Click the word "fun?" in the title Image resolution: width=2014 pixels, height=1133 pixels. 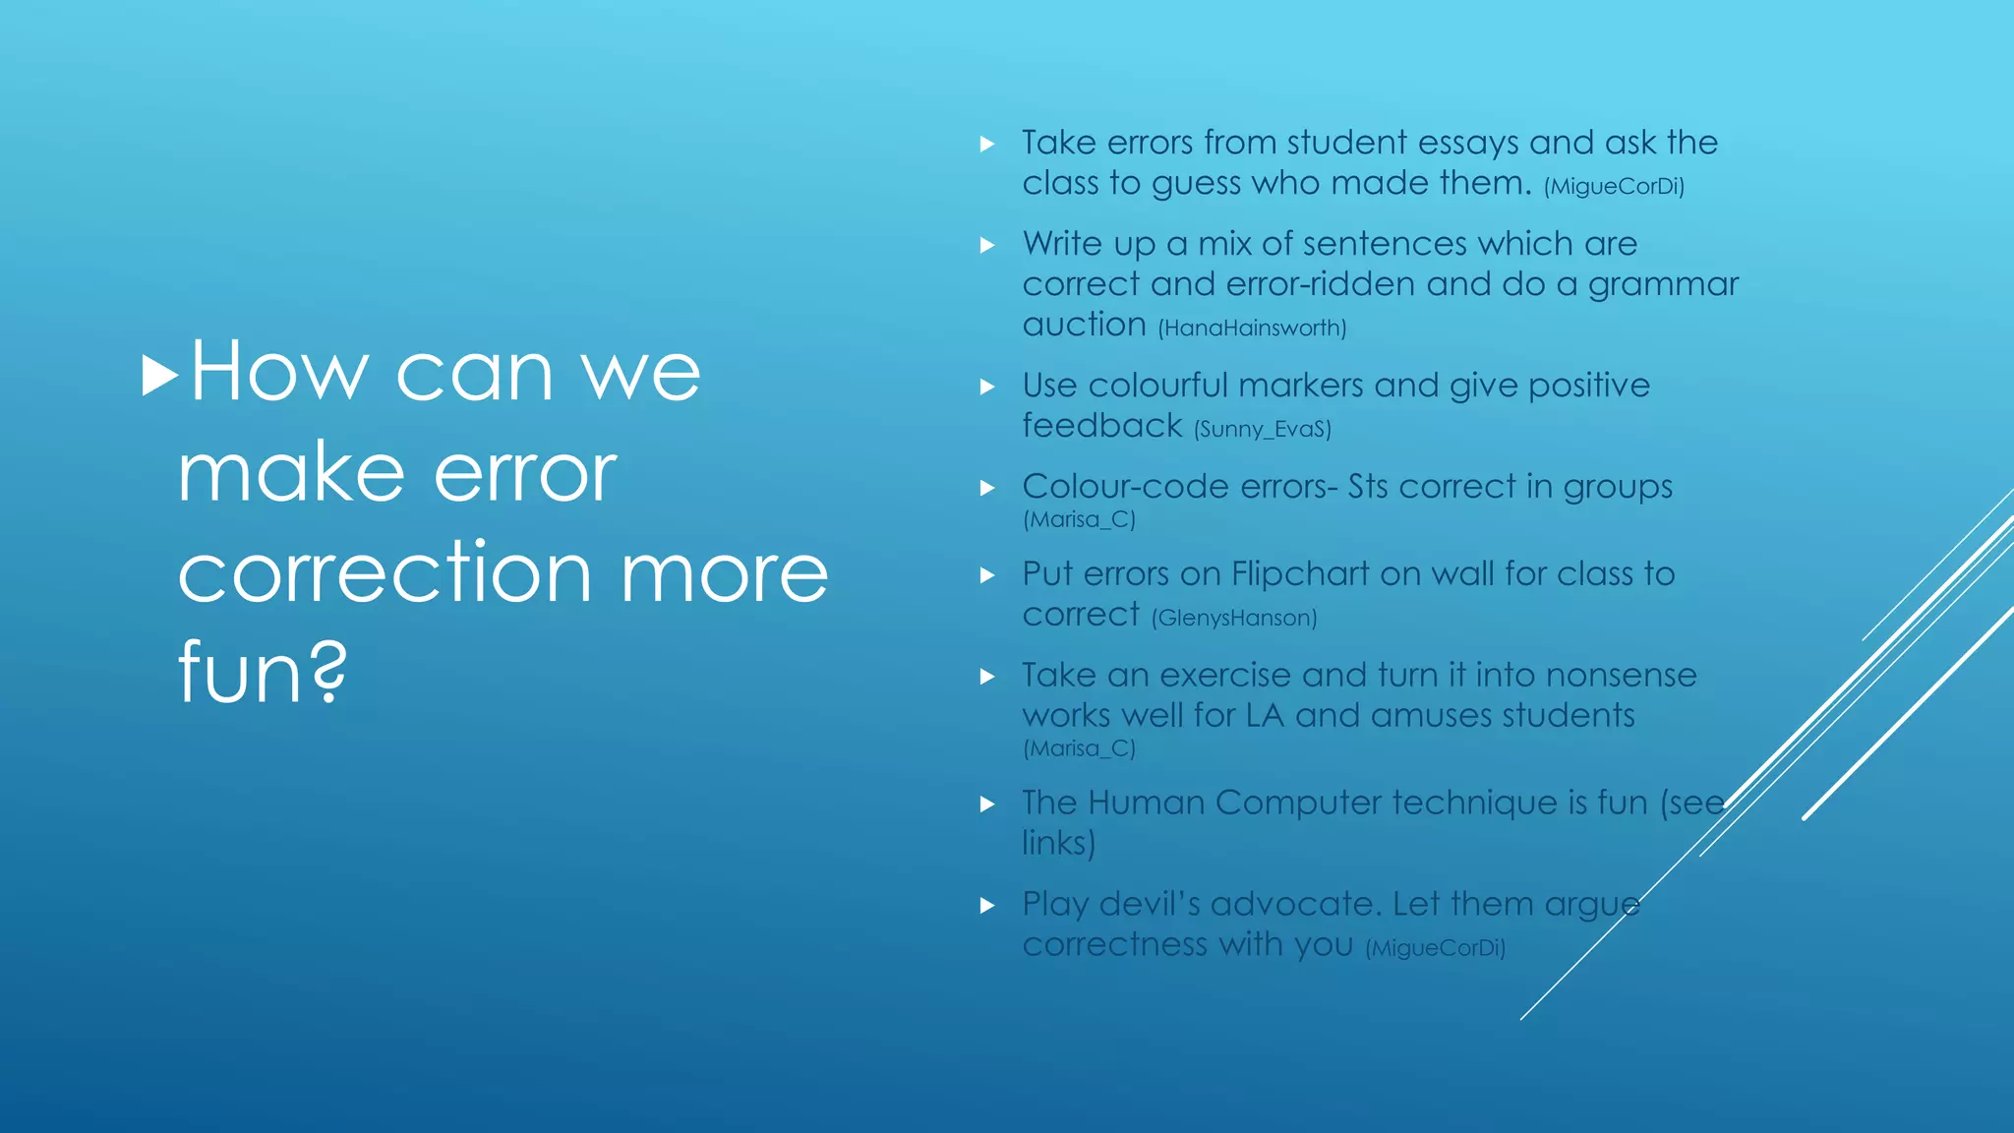pos(263,673)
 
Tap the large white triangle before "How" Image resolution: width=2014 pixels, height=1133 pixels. pos(159,376)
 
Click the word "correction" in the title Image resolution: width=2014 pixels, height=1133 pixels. pos(385,573)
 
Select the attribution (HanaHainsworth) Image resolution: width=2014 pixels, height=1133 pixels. pos(1252,328)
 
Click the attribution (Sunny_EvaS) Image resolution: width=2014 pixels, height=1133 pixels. pos(1263,429)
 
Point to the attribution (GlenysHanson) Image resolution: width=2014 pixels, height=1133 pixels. pos(1234,618)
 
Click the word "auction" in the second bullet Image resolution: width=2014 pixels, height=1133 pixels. pos(1084,325)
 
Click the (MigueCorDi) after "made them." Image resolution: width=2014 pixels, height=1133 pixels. pos(1614,186)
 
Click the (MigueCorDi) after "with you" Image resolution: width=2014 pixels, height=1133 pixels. pos(1435,947)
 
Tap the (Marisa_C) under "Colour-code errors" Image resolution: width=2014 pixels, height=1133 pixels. pos(1079,519)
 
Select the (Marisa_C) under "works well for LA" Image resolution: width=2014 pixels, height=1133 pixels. pos(1079,748)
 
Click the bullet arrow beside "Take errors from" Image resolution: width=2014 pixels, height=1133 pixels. pos(987,145)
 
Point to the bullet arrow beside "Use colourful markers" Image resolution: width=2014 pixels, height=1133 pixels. pos(987,388)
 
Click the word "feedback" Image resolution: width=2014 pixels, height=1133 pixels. pos(1101,426)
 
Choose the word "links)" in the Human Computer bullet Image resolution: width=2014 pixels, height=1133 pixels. pos(1058,843)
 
